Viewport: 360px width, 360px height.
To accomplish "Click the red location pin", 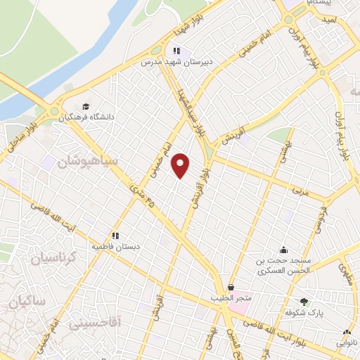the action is [x=181, y=166].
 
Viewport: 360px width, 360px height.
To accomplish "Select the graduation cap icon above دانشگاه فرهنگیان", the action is [x=86, y=105].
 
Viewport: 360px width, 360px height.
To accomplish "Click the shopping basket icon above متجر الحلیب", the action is [x=231, y=287].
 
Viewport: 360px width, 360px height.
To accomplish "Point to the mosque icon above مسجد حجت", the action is [x=283, y=249].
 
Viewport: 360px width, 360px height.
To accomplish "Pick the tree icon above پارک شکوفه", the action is [x=304, y=300].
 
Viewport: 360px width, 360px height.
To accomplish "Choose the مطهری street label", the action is [x=346, y=271].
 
